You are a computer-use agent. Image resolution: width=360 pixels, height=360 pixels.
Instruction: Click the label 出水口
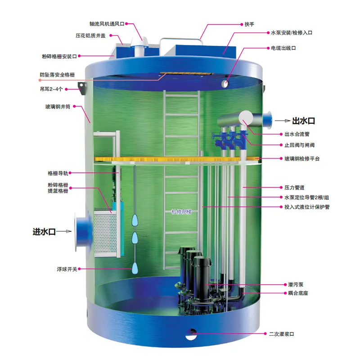303,121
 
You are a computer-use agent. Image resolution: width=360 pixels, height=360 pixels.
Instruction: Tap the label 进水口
44,232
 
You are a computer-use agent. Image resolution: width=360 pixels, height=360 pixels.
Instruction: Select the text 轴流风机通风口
107,24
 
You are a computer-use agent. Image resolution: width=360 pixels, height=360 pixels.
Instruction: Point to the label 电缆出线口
283,48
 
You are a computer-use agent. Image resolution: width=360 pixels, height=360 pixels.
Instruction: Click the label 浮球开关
67,269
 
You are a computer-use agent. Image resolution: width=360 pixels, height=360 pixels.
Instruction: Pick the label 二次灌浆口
282,334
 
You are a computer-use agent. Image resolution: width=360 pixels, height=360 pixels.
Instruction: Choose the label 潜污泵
296,285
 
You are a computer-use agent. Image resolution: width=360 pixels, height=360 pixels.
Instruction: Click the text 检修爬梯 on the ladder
181,211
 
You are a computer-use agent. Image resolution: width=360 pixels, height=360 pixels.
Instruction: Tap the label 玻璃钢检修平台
302,159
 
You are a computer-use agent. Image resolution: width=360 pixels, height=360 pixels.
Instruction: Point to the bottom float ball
135,268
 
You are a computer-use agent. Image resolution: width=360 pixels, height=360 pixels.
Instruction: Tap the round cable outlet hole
225,84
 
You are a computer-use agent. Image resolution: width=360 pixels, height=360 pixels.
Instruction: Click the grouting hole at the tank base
191,335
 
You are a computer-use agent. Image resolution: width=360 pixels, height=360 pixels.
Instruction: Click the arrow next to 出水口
283,121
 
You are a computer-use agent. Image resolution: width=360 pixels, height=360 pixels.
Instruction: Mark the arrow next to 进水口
64,231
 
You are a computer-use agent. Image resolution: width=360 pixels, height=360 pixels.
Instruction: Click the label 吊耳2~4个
51,89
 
